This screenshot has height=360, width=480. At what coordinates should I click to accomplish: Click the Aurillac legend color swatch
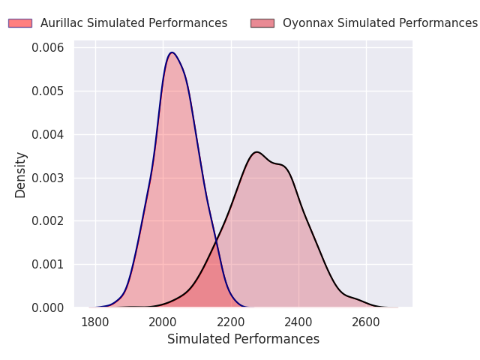pos(20,23)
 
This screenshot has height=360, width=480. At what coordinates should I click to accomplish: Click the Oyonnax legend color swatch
pos(262,23)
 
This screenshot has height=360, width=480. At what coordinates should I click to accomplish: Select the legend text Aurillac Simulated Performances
pos(133,23)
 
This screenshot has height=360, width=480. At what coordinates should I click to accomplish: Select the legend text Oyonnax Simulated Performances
pos(379,23)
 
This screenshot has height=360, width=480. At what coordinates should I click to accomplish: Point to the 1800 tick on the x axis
pos(95,322)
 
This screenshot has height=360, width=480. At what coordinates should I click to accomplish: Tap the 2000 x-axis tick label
pos(163,322)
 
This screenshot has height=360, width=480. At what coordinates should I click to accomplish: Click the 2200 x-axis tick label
pos(231,322)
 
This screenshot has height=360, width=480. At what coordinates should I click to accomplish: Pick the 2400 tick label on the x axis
pos(298,322)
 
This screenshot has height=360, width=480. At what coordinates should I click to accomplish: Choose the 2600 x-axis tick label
pos(366,322)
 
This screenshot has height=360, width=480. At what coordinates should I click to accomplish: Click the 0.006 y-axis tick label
pos(48,48)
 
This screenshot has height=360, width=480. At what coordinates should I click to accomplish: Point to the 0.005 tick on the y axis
pos(48,91)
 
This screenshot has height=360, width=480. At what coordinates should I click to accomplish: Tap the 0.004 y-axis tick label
pos(48,135)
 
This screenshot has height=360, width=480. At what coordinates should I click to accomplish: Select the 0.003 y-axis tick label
pos(48,178)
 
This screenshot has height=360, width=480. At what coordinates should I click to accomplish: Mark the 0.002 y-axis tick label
pos(48,221)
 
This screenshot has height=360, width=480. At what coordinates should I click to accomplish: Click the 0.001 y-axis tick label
pos(48,265)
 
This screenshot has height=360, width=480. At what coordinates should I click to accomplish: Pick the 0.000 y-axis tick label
pos(48,307)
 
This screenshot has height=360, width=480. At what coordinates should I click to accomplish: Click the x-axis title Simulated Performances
pos(243,339)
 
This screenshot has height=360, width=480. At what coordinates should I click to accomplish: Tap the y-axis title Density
pos(21,174)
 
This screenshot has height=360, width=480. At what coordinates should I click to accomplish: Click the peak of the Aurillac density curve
pos(172,52)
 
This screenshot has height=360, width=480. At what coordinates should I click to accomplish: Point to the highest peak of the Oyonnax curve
pos(257,152)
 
